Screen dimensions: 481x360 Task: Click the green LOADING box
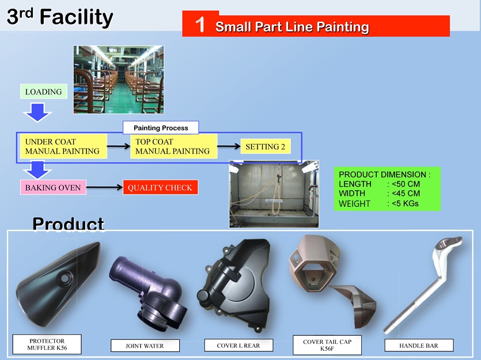(x=44, y=92)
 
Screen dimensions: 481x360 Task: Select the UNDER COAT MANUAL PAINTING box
(x=63, y=146)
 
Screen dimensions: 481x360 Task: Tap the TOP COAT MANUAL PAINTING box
(x=173, y=146)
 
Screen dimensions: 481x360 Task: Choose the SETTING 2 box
(x=266, y=146)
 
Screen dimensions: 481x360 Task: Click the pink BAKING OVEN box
(x=53, y=187)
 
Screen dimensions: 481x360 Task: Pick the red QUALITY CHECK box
(x=161, y=187)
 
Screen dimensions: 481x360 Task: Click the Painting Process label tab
(x=161, y=128)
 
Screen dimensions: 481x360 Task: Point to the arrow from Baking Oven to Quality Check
(x=104, y=187)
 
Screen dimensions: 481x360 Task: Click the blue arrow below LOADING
(x=37, y=112)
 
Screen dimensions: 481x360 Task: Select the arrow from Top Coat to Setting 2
(x=229, y=146)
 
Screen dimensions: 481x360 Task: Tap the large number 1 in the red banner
(x=200, y=25)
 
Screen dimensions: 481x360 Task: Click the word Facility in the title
(x=77, y=17)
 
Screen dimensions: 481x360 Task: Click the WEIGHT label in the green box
(x=354, y=203)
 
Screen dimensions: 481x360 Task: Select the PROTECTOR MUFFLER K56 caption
(x=47, y=344)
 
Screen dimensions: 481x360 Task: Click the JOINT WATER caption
(x=145, y=346)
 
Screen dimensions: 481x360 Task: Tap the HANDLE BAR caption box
(x=419, y=346)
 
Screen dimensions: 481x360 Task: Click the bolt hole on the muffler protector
(x=65, y=278)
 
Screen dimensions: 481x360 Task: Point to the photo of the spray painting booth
(x=274, y=194)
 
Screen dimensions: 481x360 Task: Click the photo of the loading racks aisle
(x=119, y=79)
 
